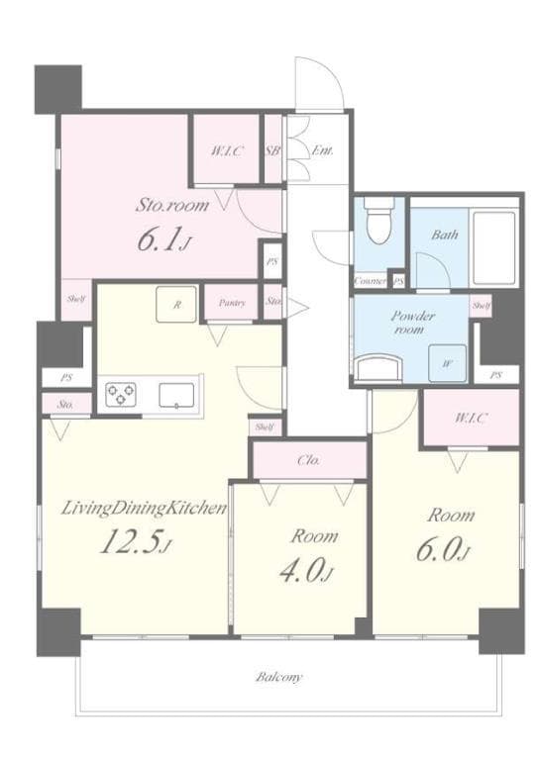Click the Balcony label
click(x=278, y=678)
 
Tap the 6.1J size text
click(x=162, y=242)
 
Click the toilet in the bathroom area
click(x=378, y=222)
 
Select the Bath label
click(x=444, y=236)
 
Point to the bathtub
click(x=493, y=245)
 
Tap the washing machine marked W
click(x=447, y=363)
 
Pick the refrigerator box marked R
click(x=176, y=305)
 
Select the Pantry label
click(x=232, y=304)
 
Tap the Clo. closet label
click(x=307, y=460)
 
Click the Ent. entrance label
click(x=322, y=151)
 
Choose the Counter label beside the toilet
click(x=371, y=281)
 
